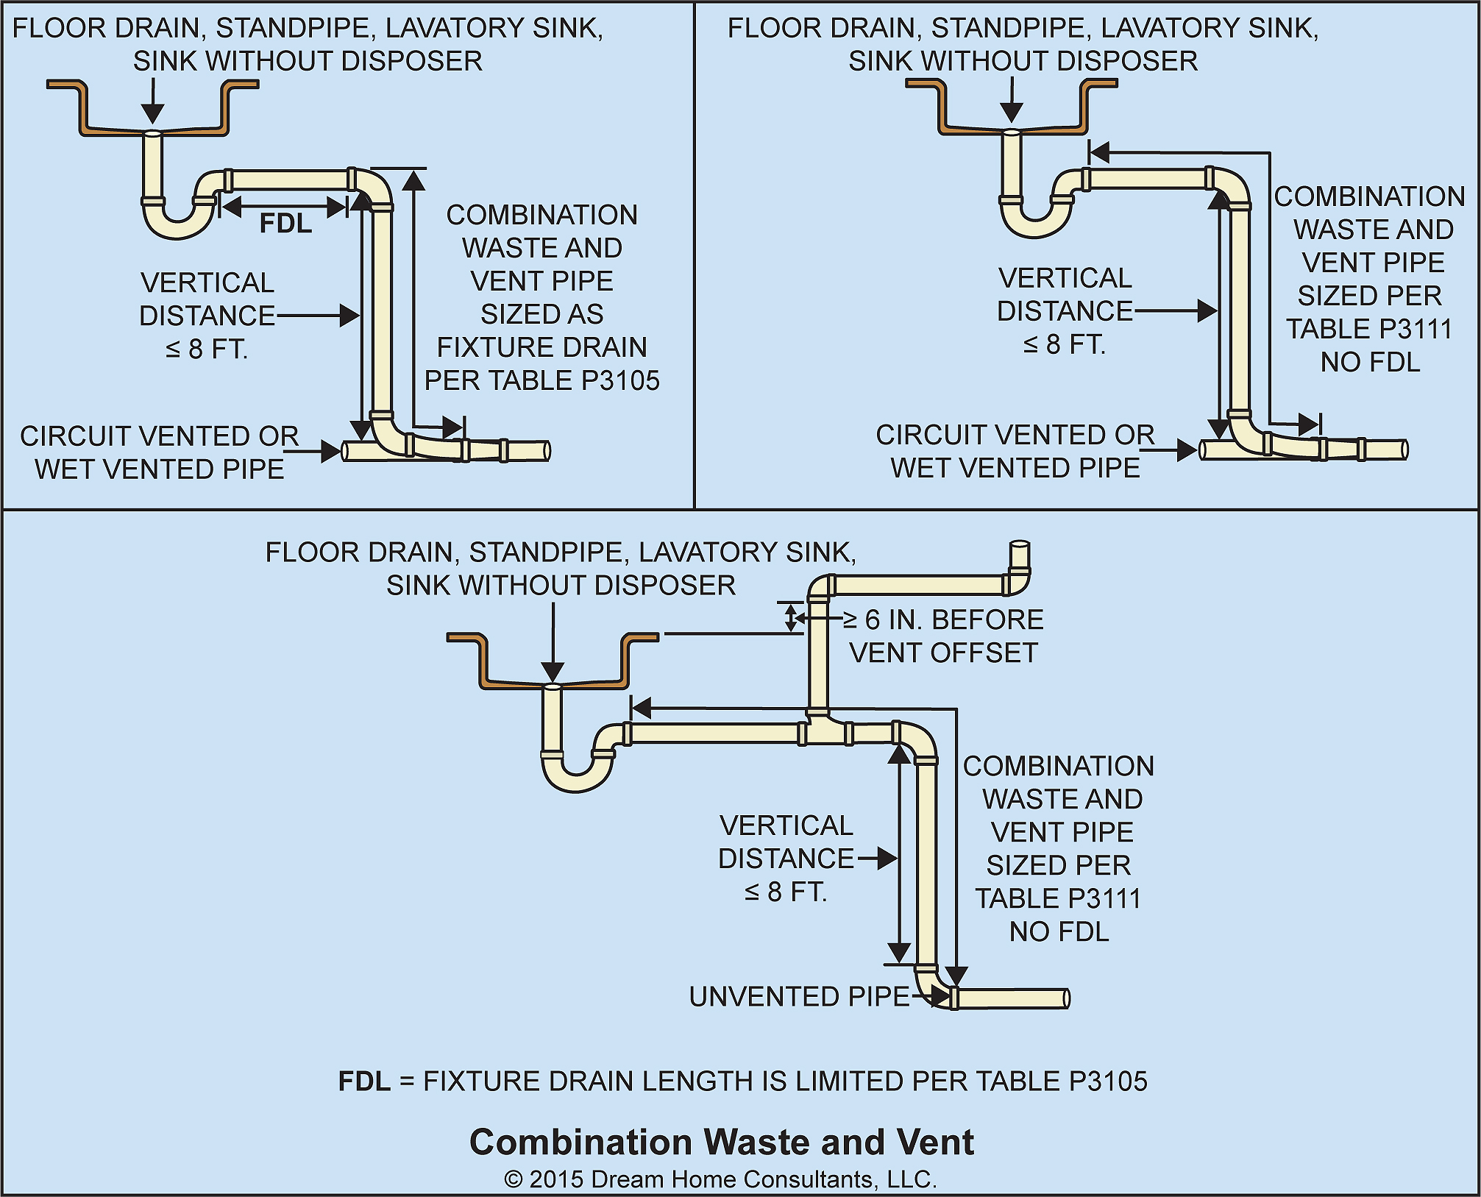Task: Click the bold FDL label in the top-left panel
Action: (x=285, y=223)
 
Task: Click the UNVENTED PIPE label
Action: (x=799, y=996)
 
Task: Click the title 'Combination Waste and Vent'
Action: (x=721, y=1142)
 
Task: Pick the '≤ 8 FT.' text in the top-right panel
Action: (x=1064, y=344)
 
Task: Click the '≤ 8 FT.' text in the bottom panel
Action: (x=786, y=892)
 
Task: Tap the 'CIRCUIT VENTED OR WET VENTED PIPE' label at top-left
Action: (x=159, y=452)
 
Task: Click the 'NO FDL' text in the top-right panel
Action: (x=1370, y=362)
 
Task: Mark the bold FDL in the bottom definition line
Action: (x=364, y=1081)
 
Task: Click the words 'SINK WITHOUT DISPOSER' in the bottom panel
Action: (x=561, y=585)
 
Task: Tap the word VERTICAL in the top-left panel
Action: (x=207, y=283)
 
